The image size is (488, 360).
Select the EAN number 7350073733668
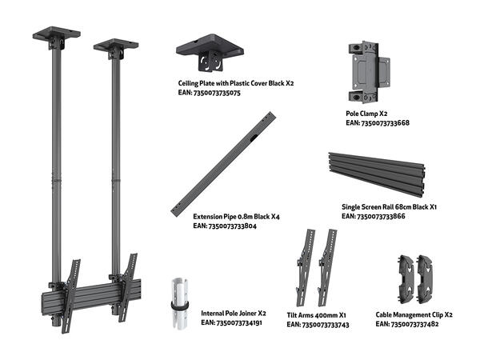click(378, 123)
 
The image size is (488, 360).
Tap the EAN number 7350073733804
click(225, 226)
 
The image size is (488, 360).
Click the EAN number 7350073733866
click(374, 216)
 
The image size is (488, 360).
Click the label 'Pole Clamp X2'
click(366, 114)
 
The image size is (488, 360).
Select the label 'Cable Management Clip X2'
click(414, 315)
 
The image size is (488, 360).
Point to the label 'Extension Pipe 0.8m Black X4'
click(236, 217)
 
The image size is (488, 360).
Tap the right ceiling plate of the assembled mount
click(115, 46)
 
